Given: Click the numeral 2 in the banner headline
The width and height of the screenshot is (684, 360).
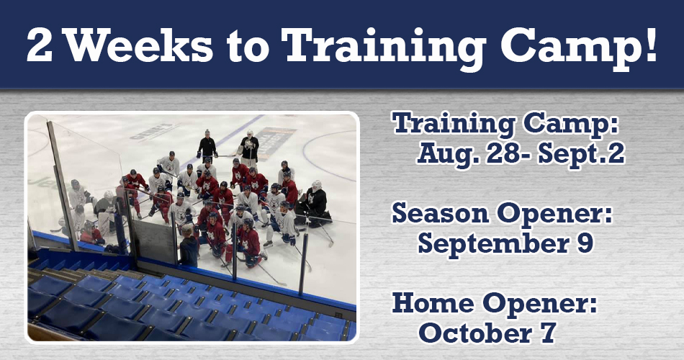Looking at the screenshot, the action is tap(40, 45).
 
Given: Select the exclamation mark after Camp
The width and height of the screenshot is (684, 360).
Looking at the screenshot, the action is tap(650, 45).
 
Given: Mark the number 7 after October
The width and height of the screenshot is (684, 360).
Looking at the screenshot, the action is tap(549, 333).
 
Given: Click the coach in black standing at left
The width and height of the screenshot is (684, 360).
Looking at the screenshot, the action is tap(207, 145).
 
